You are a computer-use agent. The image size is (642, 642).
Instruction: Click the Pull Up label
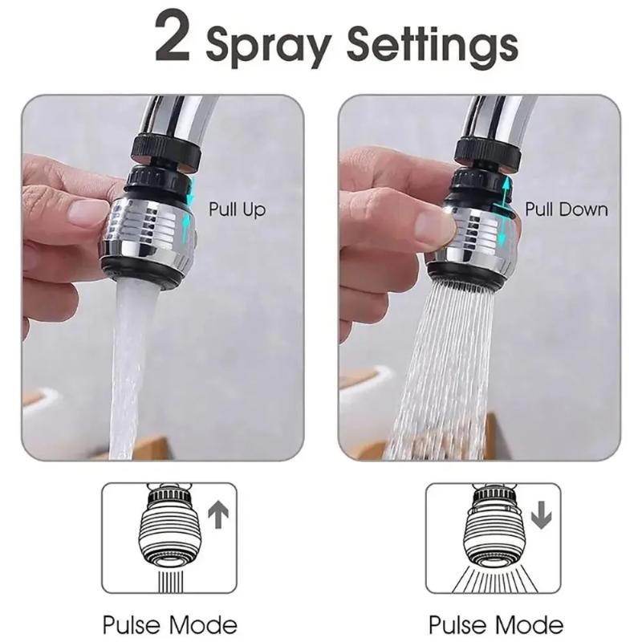(x=237, y=210)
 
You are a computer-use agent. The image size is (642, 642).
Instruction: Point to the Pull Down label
(x=567, y=210)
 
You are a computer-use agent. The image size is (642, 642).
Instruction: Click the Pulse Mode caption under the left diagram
(x=169, y=624)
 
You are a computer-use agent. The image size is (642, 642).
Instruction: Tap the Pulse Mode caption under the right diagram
(x=495, y=624)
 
